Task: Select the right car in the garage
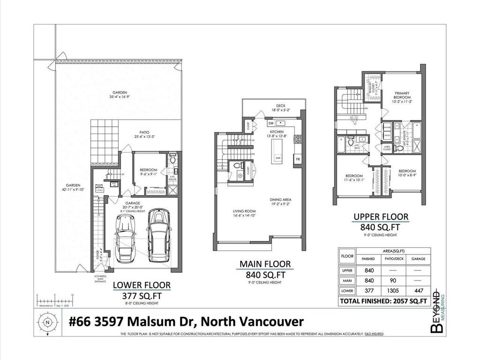[158, 235]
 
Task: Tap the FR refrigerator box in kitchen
[298, 159]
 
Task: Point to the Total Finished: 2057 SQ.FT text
[383, 300]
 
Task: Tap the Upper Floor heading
[381, 217]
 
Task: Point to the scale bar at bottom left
[55, 299]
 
